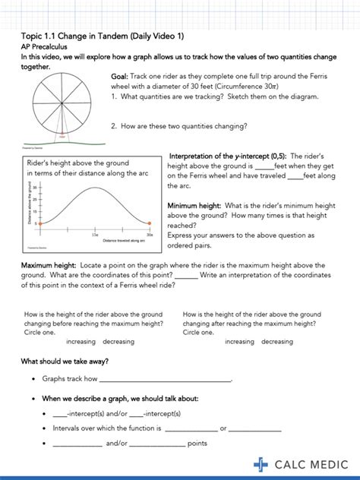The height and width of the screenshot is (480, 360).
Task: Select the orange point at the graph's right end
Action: [x=150, y=223]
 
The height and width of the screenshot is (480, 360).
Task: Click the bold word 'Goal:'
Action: [x=120, y=77]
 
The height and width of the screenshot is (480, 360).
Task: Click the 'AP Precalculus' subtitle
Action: [x=46, y=46]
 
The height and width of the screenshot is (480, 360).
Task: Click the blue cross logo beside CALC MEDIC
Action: [x=261, y=464]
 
